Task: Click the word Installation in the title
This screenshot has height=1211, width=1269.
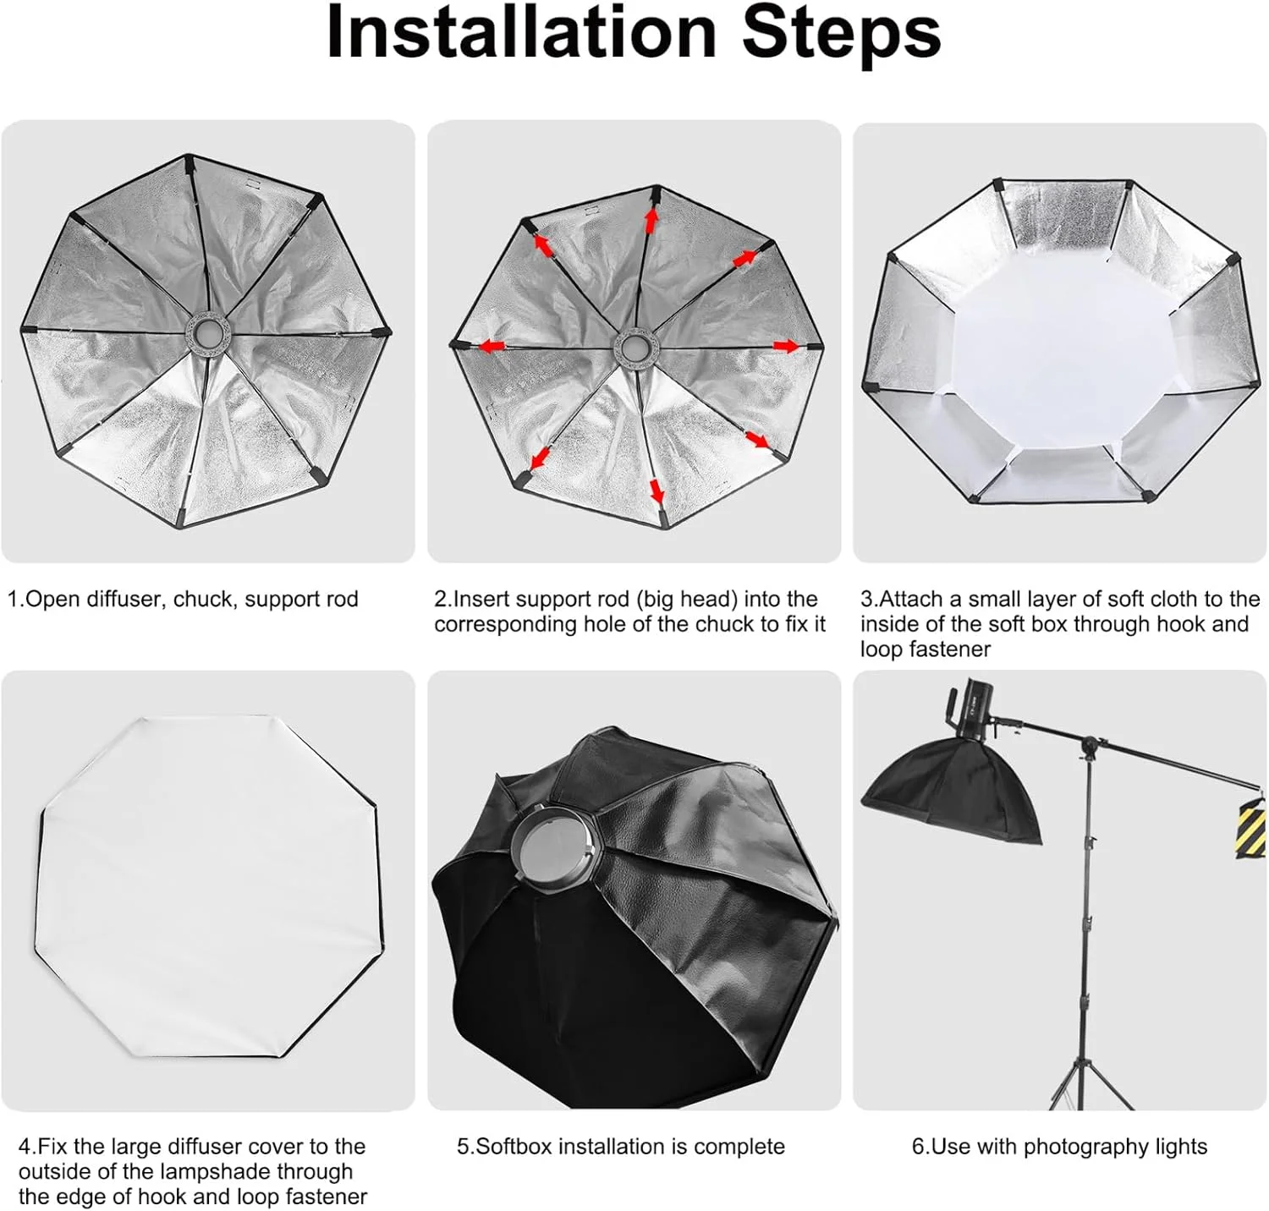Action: coord(521,32)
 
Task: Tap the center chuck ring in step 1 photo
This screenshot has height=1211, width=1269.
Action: coord(207,328)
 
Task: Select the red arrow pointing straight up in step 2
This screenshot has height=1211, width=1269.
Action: coord(651,220)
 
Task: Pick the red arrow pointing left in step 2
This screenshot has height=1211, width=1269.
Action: coord(492,346)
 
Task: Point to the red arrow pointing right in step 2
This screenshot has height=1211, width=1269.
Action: coord(786,346)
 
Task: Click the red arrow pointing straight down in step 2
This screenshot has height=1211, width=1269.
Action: coord(656,490)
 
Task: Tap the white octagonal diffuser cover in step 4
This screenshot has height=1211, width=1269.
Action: coord(207,888)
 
